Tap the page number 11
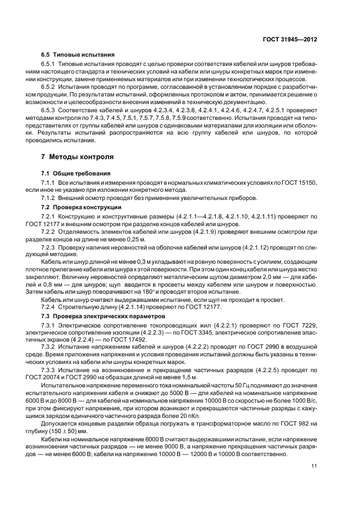click(314, 465)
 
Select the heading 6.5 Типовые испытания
click(77, 56)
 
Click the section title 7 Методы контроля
click(77, 157)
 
